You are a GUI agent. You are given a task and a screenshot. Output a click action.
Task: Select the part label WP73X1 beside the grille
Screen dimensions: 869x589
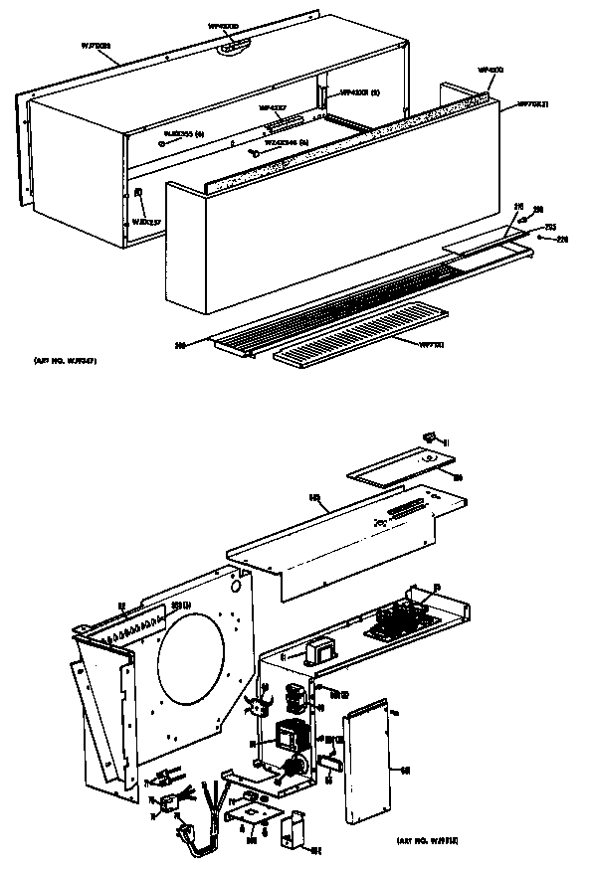(430, 345)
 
